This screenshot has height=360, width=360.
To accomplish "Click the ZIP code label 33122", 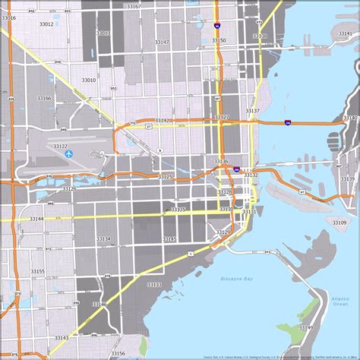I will pyautogui.click(x=60, y=147).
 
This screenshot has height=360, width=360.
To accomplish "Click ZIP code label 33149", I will pyautogui.click(x=306, y=327).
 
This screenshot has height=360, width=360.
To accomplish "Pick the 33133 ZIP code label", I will pyautogui.click(x=154, y=284).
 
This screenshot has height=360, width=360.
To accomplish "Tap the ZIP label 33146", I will pyautogui.click(x=99, y=304).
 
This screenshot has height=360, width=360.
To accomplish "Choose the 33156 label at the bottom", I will pyautogui.click(x=118, y=353).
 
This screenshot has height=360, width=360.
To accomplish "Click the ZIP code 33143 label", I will pyautogui.click(x=62, y=338).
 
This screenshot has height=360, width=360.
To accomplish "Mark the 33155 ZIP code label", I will pyautogui.click(x=37, y=271).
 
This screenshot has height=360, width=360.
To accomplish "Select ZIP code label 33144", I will pyautogui.click(x=36, y=219).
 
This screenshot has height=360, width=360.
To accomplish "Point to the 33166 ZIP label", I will pyautogui.click(x=43, y=98).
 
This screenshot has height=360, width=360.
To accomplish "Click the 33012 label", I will pyautogui.click(x=46, y=24).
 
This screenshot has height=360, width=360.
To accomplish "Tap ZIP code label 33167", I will pyautogui.click(x=134, y=6).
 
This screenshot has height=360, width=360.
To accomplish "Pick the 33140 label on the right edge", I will pyautogui.click(x=349, y=118).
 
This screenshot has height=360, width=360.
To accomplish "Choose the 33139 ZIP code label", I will pyautogui.click(x=346, y=178).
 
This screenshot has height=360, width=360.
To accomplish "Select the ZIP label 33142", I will pyautogui.click(x=163, y=120).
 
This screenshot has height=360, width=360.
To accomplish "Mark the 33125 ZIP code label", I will pyautogui.click(x=165, y=176).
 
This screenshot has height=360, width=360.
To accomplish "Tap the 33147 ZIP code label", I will pyautogui.click(x=162, y=43).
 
